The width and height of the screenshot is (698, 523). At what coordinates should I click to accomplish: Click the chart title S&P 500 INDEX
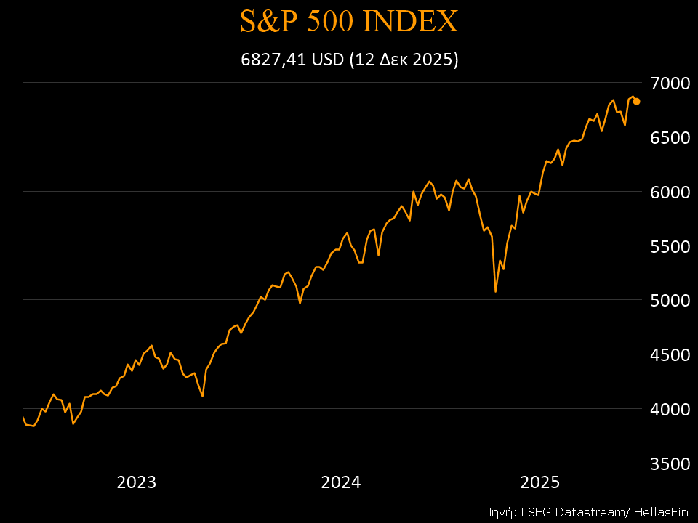[x=349, y=22]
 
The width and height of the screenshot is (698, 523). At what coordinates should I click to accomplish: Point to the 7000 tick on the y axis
[x=669, y=83]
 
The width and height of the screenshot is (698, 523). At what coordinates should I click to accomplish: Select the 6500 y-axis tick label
[x=669, y=137]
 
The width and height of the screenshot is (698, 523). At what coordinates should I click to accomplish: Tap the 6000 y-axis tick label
[x=669, y=192]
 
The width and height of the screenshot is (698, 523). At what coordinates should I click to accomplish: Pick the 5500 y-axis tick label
[x=669, y=246]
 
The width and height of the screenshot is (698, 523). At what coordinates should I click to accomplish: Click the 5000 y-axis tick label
[x=669, y=300]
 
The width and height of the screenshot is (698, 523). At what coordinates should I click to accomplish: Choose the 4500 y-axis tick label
[x=669, y=354]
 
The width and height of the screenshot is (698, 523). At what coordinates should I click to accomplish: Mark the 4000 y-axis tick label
[x=669, y=409]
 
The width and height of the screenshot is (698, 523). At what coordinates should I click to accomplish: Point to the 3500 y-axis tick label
[x=669, y=463]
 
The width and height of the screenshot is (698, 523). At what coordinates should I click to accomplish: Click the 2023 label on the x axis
[x=137, y=482]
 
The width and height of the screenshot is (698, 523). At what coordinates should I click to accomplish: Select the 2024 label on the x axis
[x=341, y=482]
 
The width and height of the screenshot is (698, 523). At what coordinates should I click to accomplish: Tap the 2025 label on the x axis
[x=539, y=482]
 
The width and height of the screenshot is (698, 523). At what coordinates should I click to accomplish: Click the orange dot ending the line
[x=636, y=102]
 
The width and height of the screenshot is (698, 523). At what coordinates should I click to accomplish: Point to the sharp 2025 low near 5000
[x=495, y=291]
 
